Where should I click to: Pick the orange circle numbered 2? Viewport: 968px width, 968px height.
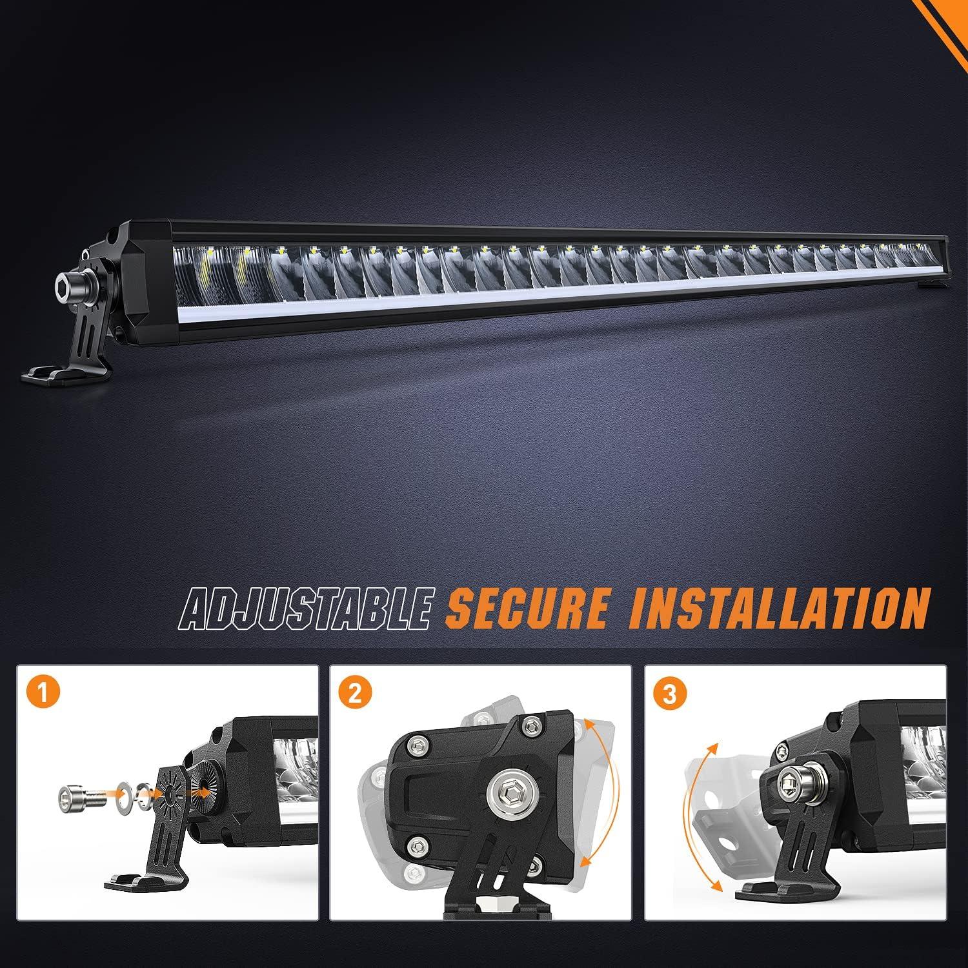(x=358, y=694)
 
